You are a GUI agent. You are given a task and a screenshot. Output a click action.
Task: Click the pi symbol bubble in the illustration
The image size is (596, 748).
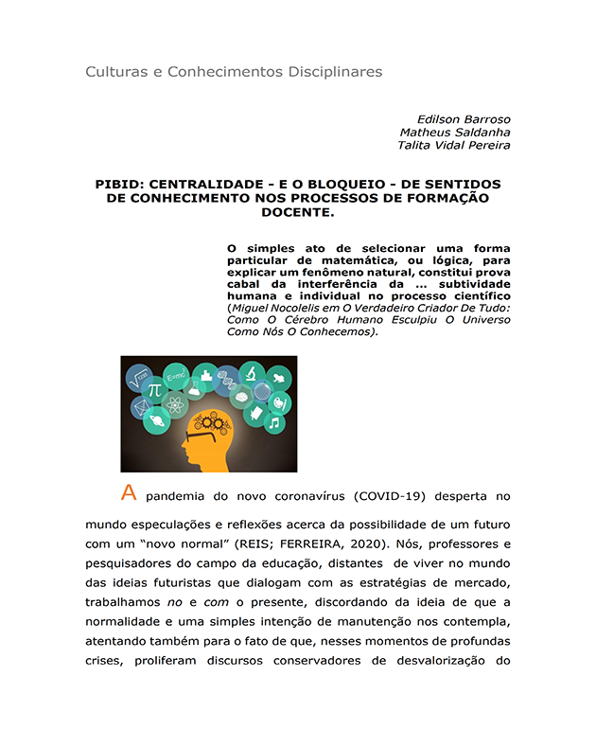tap(154, 389)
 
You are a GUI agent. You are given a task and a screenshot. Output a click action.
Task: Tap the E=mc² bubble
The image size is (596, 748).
tap(177, 377)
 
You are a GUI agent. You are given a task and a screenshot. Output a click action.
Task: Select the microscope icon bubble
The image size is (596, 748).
tap(251, 372)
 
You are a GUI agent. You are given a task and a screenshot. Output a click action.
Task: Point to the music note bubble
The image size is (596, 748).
tap(274, 423)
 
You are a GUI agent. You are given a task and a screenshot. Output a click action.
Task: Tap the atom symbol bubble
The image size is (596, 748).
tap(174, 406)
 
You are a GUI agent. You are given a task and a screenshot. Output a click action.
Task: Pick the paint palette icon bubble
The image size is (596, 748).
tap(281, 401)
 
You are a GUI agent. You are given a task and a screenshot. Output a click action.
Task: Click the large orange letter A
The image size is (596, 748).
tap(130, 492)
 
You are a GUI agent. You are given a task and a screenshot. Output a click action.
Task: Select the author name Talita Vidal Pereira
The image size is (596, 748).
tap(454, 146)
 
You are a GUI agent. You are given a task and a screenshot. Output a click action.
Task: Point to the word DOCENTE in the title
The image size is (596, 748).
tap(298, 212)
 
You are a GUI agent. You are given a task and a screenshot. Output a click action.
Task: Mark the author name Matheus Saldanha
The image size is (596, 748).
tap(454, 133)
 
